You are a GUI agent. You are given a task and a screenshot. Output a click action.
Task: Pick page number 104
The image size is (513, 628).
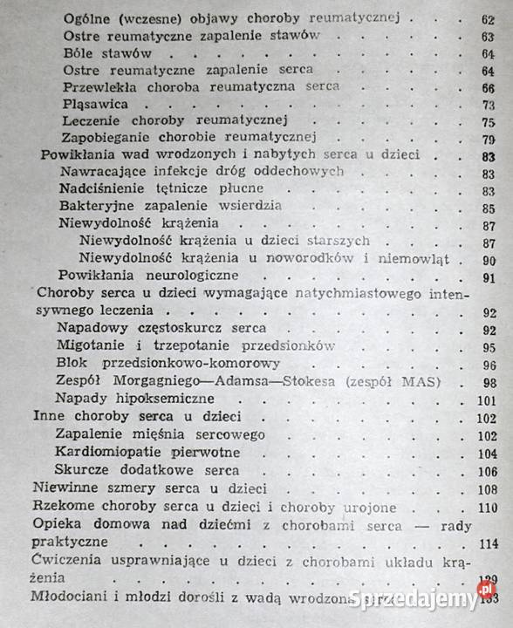487,454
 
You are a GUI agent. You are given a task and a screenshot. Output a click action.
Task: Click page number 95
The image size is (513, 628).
488,348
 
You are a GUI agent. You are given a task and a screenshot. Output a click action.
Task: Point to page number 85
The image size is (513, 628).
488,208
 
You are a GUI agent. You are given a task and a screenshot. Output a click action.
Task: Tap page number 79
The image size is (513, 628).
488,139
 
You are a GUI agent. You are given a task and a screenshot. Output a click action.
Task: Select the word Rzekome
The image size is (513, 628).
63,507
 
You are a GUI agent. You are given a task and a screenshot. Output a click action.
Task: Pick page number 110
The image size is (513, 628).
487,508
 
